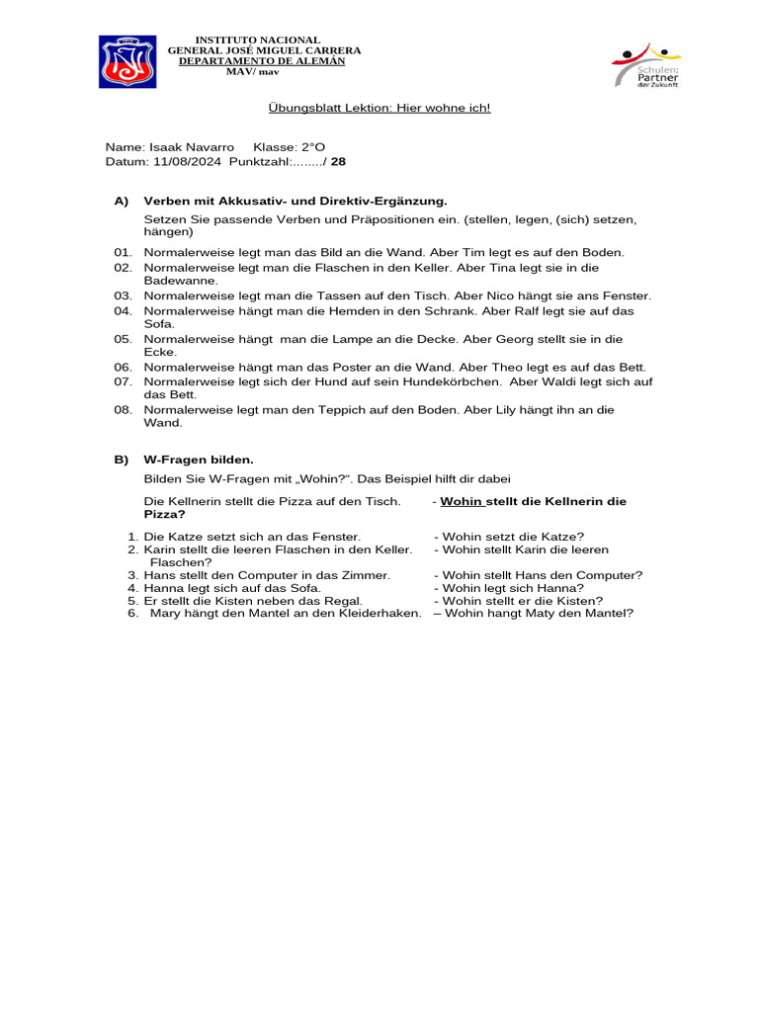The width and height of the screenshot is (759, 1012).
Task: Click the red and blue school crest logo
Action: tap(127, 61)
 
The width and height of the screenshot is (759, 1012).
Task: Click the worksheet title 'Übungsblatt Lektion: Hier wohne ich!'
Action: tap(379, 108)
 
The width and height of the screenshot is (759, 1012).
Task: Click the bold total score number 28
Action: tap(338, 161)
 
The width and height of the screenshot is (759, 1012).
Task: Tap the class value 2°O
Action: tap(307, 147)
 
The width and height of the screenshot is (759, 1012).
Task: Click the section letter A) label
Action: tap(122, 201)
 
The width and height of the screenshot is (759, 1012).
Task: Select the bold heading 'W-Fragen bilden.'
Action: tap(199, 460)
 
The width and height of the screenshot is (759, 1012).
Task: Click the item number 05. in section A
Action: tap(123, 339)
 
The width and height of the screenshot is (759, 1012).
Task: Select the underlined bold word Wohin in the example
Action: tap(462, 502)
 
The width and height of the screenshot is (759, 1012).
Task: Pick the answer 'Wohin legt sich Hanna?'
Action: tap(514, 588)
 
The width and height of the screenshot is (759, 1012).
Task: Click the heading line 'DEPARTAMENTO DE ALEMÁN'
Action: tap(261, 61)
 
